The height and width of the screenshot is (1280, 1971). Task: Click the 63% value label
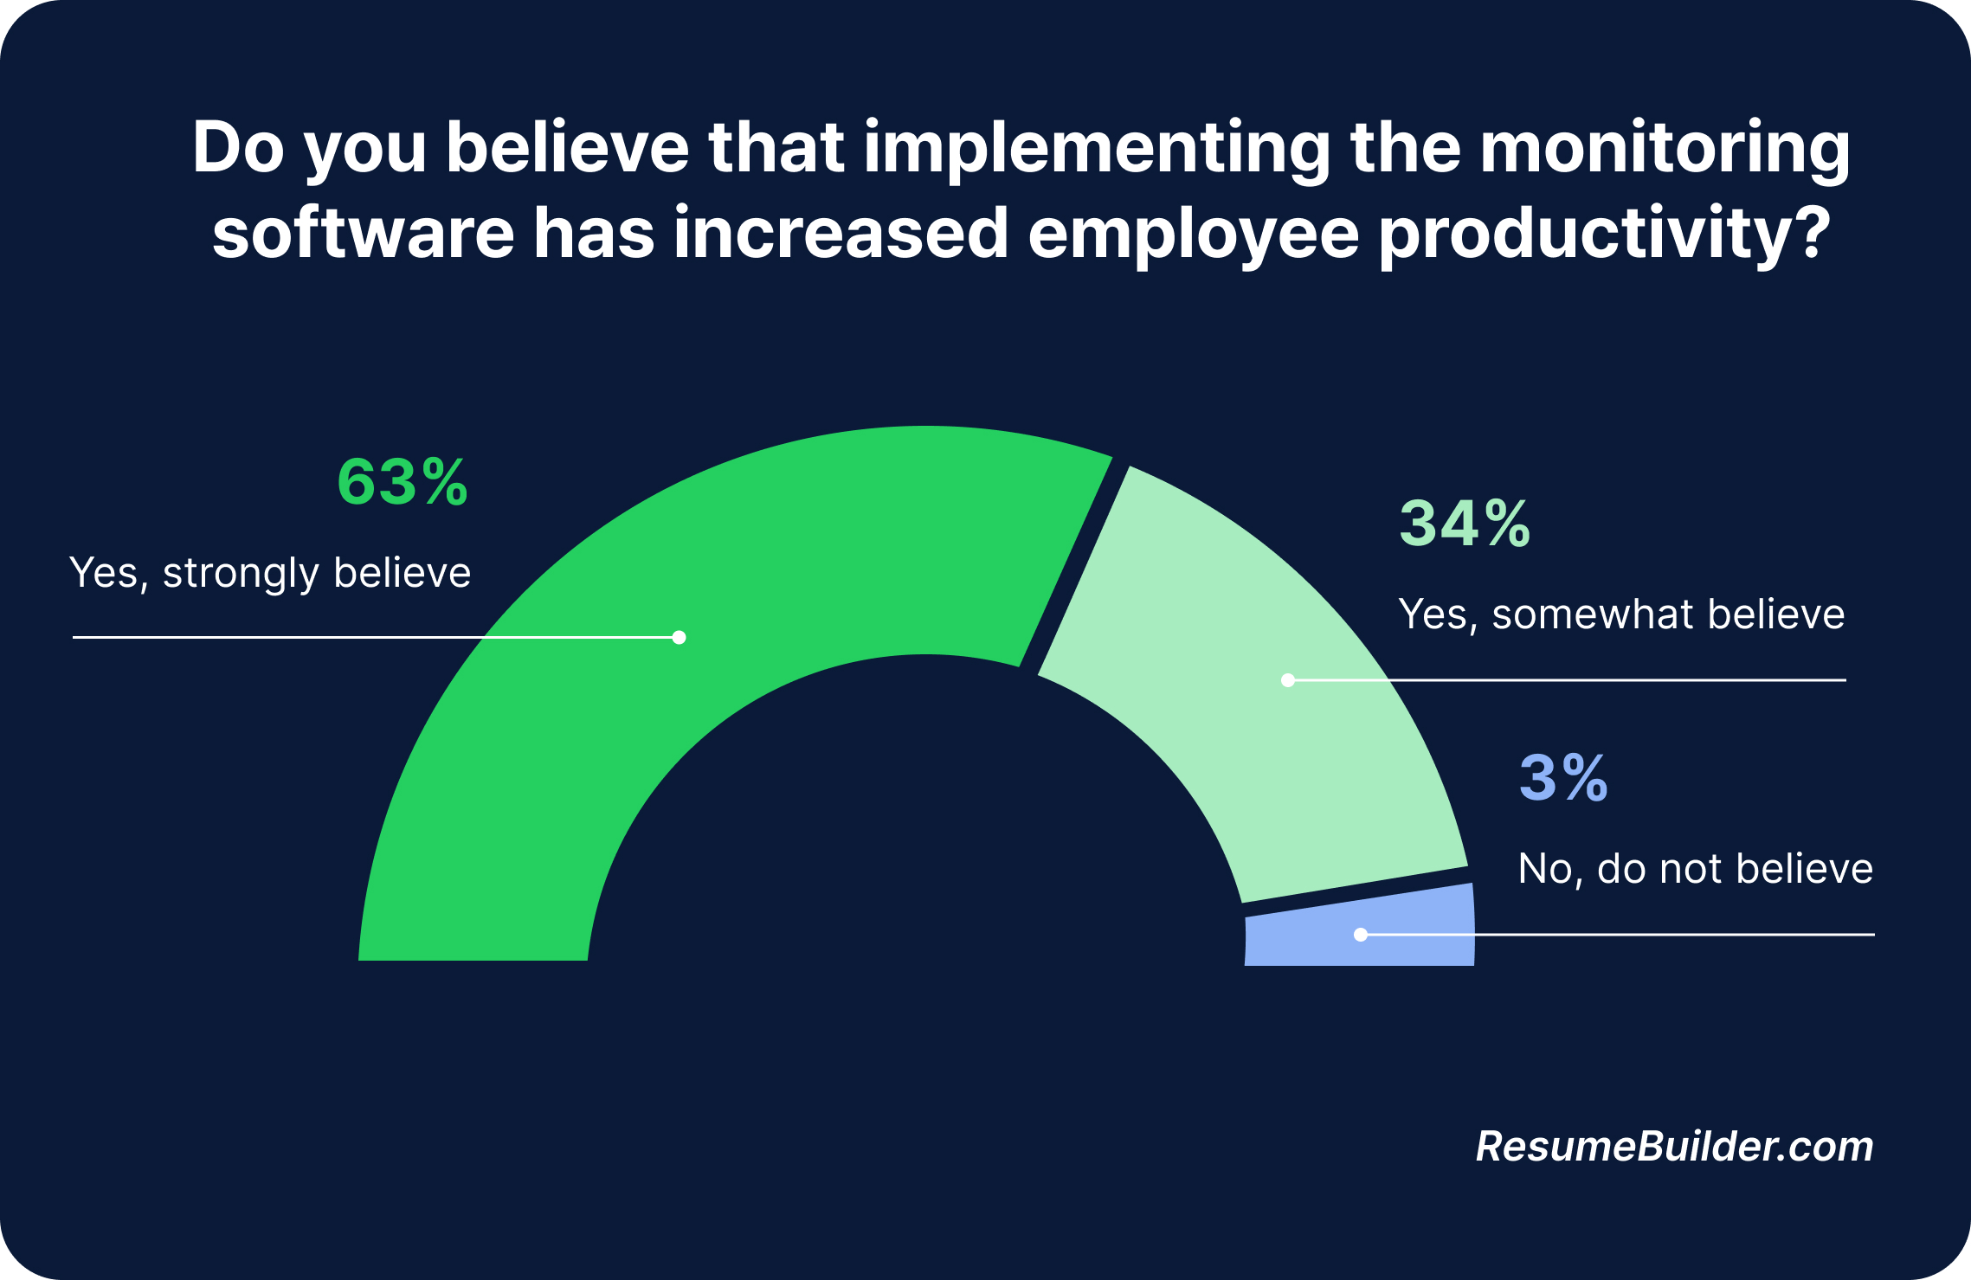pyautogui.click(x=403, y=482)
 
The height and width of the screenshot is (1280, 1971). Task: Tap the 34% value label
pyautogui.click(x=1465, y=524)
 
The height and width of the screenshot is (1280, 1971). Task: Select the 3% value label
pyautogui.click(x=1563, y=777)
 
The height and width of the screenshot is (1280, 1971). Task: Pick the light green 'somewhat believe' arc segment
pyautogui.click(x=1255, y=692)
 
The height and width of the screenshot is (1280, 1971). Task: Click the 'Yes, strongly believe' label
pyautogui.click(x=270, y=573)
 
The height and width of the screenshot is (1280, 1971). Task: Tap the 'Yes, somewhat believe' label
pyautogui.click(x=1621, y=614)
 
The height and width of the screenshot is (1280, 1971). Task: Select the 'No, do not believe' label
pyautogui.click(x=1695, y=869)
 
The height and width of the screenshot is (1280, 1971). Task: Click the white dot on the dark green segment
pyautogui.click(x=680, y=638)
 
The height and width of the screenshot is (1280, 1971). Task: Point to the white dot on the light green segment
pyautogui.click(x=1288, y=680)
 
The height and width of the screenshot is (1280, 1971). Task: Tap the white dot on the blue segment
pyautogui.click(x=1361, y=935)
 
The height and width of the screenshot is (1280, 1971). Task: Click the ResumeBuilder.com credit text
pyautogui.click(x=1674, y=1147)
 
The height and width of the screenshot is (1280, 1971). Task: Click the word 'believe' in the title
pyautogui.click(x=568, y=149)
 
